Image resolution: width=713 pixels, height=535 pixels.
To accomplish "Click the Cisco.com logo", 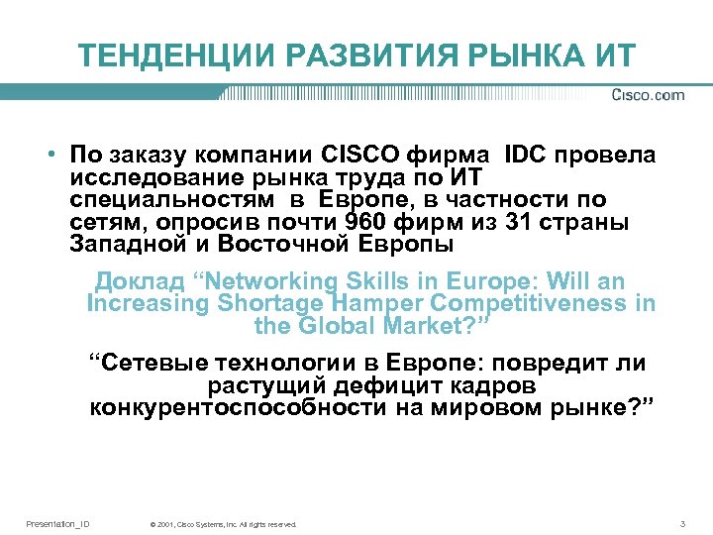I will point(648,95).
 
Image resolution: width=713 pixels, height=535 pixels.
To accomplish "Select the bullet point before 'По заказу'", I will point(48,156).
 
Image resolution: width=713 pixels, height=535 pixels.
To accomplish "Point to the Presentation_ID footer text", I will point(57,523).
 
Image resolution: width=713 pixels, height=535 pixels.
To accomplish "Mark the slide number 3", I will point(682,523).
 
